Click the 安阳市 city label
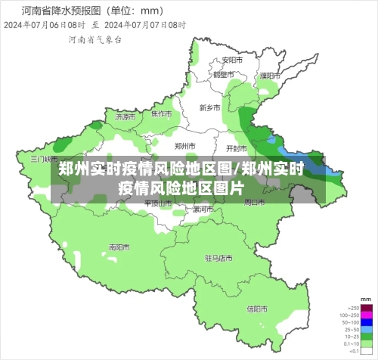[232, 60]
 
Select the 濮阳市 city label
[270, 76]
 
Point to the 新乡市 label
[209, 108]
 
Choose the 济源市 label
[126, 117]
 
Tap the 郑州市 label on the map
[185, 146]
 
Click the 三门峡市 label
[44, 160]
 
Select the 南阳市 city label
[119, 247]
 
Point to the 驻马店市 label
[218, 258]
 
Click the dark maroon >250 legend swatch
[366, 309]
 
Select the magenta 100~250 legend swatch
[366, 315]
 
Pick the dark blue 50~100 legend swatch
[366, 323]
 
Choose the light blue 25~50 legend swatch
[366, 331]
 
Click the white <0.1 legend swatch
[366, 352]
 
